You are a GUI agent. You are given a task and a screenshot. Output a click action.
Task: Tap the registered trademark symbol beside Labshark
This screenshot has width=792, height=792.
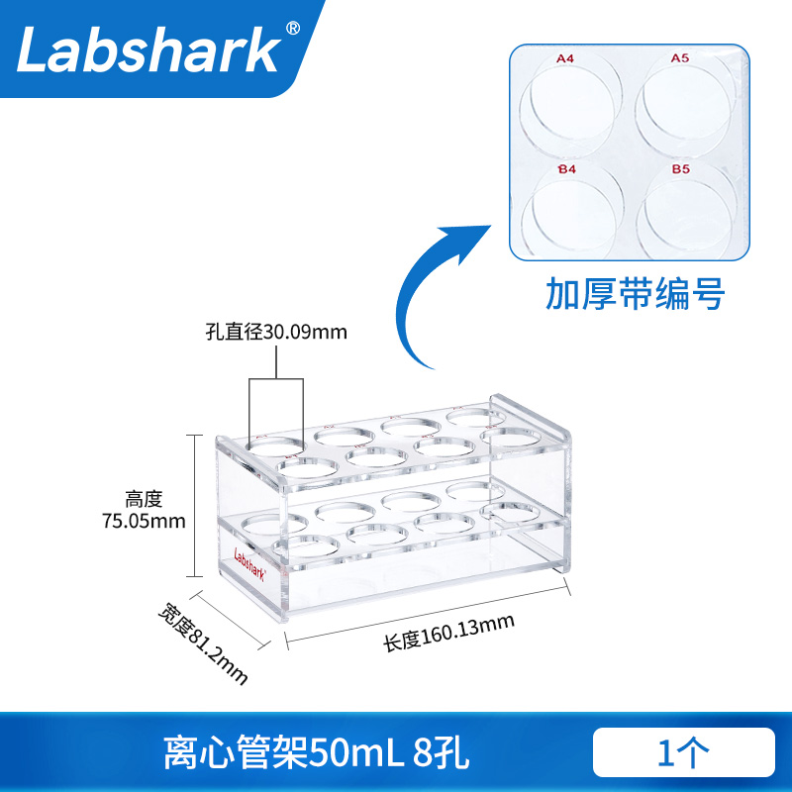click(292, 30)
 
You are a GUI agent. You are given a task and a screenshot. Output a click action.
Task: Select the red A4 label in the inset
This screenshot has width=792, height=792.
click(565, 59)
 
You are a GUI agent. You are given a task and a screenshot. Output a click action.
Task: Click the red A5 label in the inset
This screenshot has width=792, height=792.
click(679, 59)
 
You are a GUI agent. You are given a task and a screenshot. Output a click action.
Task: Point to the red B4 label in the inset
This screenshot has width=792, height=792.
click(566, 170)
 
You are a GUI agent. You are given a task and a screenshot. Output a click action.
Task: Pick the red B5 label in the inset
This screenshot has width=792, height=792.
click(680, 170)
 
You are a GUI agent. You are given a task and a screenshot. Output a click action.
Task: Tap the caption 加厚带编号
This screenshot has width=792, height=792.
click(636, 294)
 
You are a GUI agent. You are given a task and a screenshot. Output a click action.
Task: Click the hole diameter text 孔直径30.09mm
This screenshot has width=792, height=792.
click(276, 332)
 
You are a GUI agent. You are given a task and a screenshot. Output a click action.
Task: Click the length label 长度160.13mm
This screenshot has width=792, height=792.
click(450, 631)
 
